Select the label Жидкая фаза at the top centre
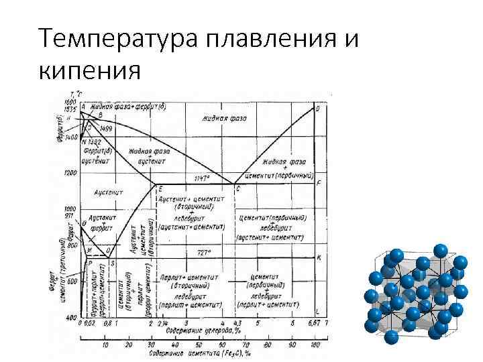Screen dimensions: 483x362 [x=224, y=118]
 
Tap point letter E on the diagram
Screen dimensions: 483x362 [x=160, y=188]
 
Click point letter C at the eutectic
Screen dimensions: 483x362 [x=237, y=189]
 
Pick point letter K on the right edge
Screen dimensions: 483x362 [x=318, y=257]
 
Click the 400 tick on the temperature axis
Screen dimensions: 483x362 [x=70, y=317]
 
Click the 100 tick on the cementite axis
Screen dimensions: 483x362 [x=313, y=345]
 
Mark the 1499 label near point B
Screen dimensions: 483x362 [x=106, y=127]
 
